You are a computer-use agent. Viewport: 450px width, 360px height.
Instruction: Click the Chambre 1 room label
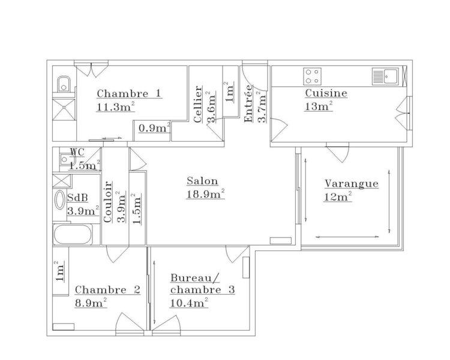point(129,94)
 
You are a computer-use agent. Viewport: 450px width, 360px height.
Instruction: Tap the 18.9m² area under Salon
point(205,194)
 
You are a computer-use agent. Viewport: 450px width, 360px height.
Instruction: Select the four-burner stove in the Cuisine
point(312,76)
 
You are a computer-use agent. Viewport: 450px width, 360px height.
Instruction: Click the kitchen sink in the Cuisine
point(385,76)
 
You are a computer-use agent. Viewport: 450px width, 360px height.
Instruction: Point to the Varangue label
point(352,184)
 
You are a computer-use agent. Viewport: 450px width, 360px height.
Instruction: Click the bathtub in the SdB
point(73,234)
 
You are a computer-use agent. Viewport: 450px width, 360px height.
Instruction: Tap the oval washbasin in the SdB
point(60,200)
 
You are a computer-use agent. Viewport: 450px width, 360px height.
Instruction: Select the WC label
point(77,152)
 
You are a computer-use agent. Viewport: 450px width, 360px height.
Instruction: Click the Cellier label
point(197,104)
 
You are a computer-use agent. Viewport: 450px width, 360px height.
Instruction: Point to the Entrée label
point(248,103)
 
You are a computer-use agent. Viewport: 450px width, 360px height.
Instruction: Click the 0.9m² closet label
point(154,128)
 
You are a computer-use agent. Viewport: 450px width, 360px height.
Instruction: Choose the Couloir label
point(107,202)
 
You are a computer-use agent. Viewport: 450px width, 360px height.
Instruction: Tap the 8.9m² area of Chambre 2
point(91,303)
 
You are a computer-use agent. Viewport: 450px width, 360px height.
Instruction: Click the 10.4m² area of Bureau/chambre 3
point(189,303)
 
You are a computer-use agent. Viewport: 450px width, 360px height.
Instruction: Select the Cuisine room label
point(326,93)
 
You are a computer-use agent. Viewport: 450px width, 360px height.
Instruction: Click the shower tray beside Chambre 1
point(64,109)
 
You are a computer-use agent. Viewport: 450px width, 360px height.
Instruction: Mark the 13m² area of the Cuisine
point(319,107)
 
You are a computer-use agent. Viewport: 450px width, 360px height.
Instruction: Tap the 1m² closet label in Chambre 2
point(59,271)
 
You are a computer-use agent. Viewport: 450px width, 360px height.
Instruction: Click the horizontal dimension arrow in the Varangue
point(347,237)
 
